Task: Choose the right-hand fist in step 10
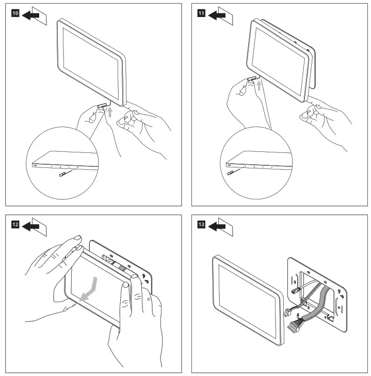coord(127,122)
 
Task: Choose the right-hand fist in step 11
coord(313,112)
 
